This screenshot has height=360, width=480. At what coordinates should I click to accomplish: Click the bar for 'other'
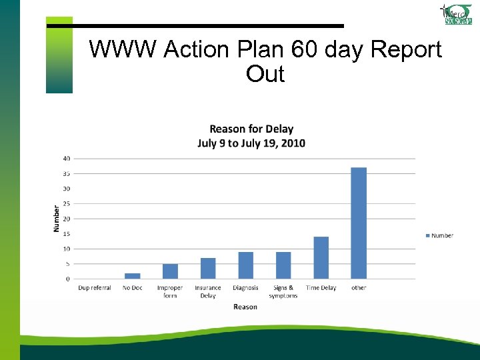(359, 223)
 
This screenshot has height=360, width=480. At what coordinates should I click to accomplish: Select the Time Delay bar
(321, 257)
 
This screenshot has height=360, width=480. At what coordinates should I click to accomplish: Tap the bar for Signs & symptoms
(283, 265)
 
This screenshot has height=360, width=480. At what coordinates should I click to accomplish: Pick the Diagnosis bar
(245, 265)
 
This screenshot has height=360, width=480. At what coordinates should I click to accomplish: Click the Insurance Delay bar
(208, 268)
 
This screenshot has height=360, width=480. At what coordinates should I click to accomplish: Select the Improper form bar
(170, 271)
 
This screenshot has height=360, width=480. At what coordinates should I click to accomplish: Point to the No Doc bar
(132, 276)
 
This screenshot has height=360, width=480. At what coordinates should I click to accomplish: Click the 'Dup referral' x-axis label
(95, 288)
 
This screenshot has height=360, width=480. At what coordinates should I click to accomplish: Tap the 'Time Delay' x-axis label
(321, 288)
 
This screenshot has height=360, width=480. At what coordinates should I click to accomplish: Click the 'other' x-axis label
(359, 288)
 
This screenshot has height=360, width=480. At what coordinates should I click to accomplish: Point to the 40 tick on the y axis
(67, 158)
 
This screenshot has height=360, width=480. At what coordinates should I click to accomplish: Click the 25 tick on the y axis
(67, 203)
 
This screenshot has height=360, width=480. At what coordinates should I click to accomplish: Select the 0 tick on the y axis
(68, 279)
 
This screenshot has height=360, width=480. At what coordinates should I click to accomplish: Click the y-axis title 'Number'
(57, 219)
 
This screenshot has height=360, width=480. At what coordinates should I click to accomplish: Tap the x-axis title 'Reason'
(245, 307)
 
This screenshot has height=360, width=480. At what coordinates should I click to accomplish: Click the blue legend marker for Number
(427, 235)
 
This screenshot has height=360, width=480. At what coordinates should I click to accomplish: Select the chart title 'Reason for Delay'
(251, 129)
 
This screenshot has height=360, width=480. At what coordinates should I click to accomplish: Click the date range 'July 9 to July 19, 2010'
(251, 143)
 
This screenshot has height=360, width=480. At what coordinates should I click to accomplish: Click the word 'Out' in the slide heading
(265, 74)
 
